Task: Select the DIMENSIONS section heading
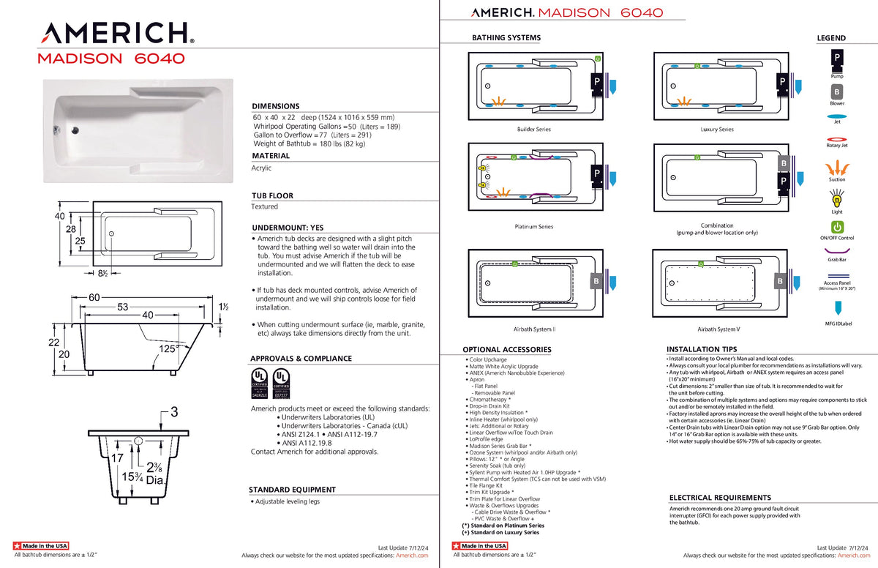click(x=276, y=106)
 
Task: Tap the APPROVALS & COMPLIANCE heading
click(x=301, y=359)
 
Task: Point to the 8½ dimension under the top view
click(x=103, y=274)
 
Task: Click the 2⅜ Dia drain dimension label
click(x=154, y=474)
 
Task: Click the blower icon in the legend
click(x=836, y=92)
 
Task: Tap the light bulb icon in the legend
click(x=836, y=198)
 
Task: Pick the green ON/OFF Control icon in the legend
click(x=836, y=228)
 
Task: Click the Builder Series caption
click(x=533, y=130)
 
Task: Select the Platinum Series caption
click(x=533, y=227)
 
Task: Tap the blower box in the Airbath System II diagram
click(x=596, y=280)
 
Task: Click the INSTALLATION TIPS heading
click(x=702, y=350)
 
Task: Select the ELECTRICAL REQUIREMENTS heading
click(x=720, y=498)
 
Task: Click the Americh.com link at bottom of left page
click(x=411, y=556)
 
